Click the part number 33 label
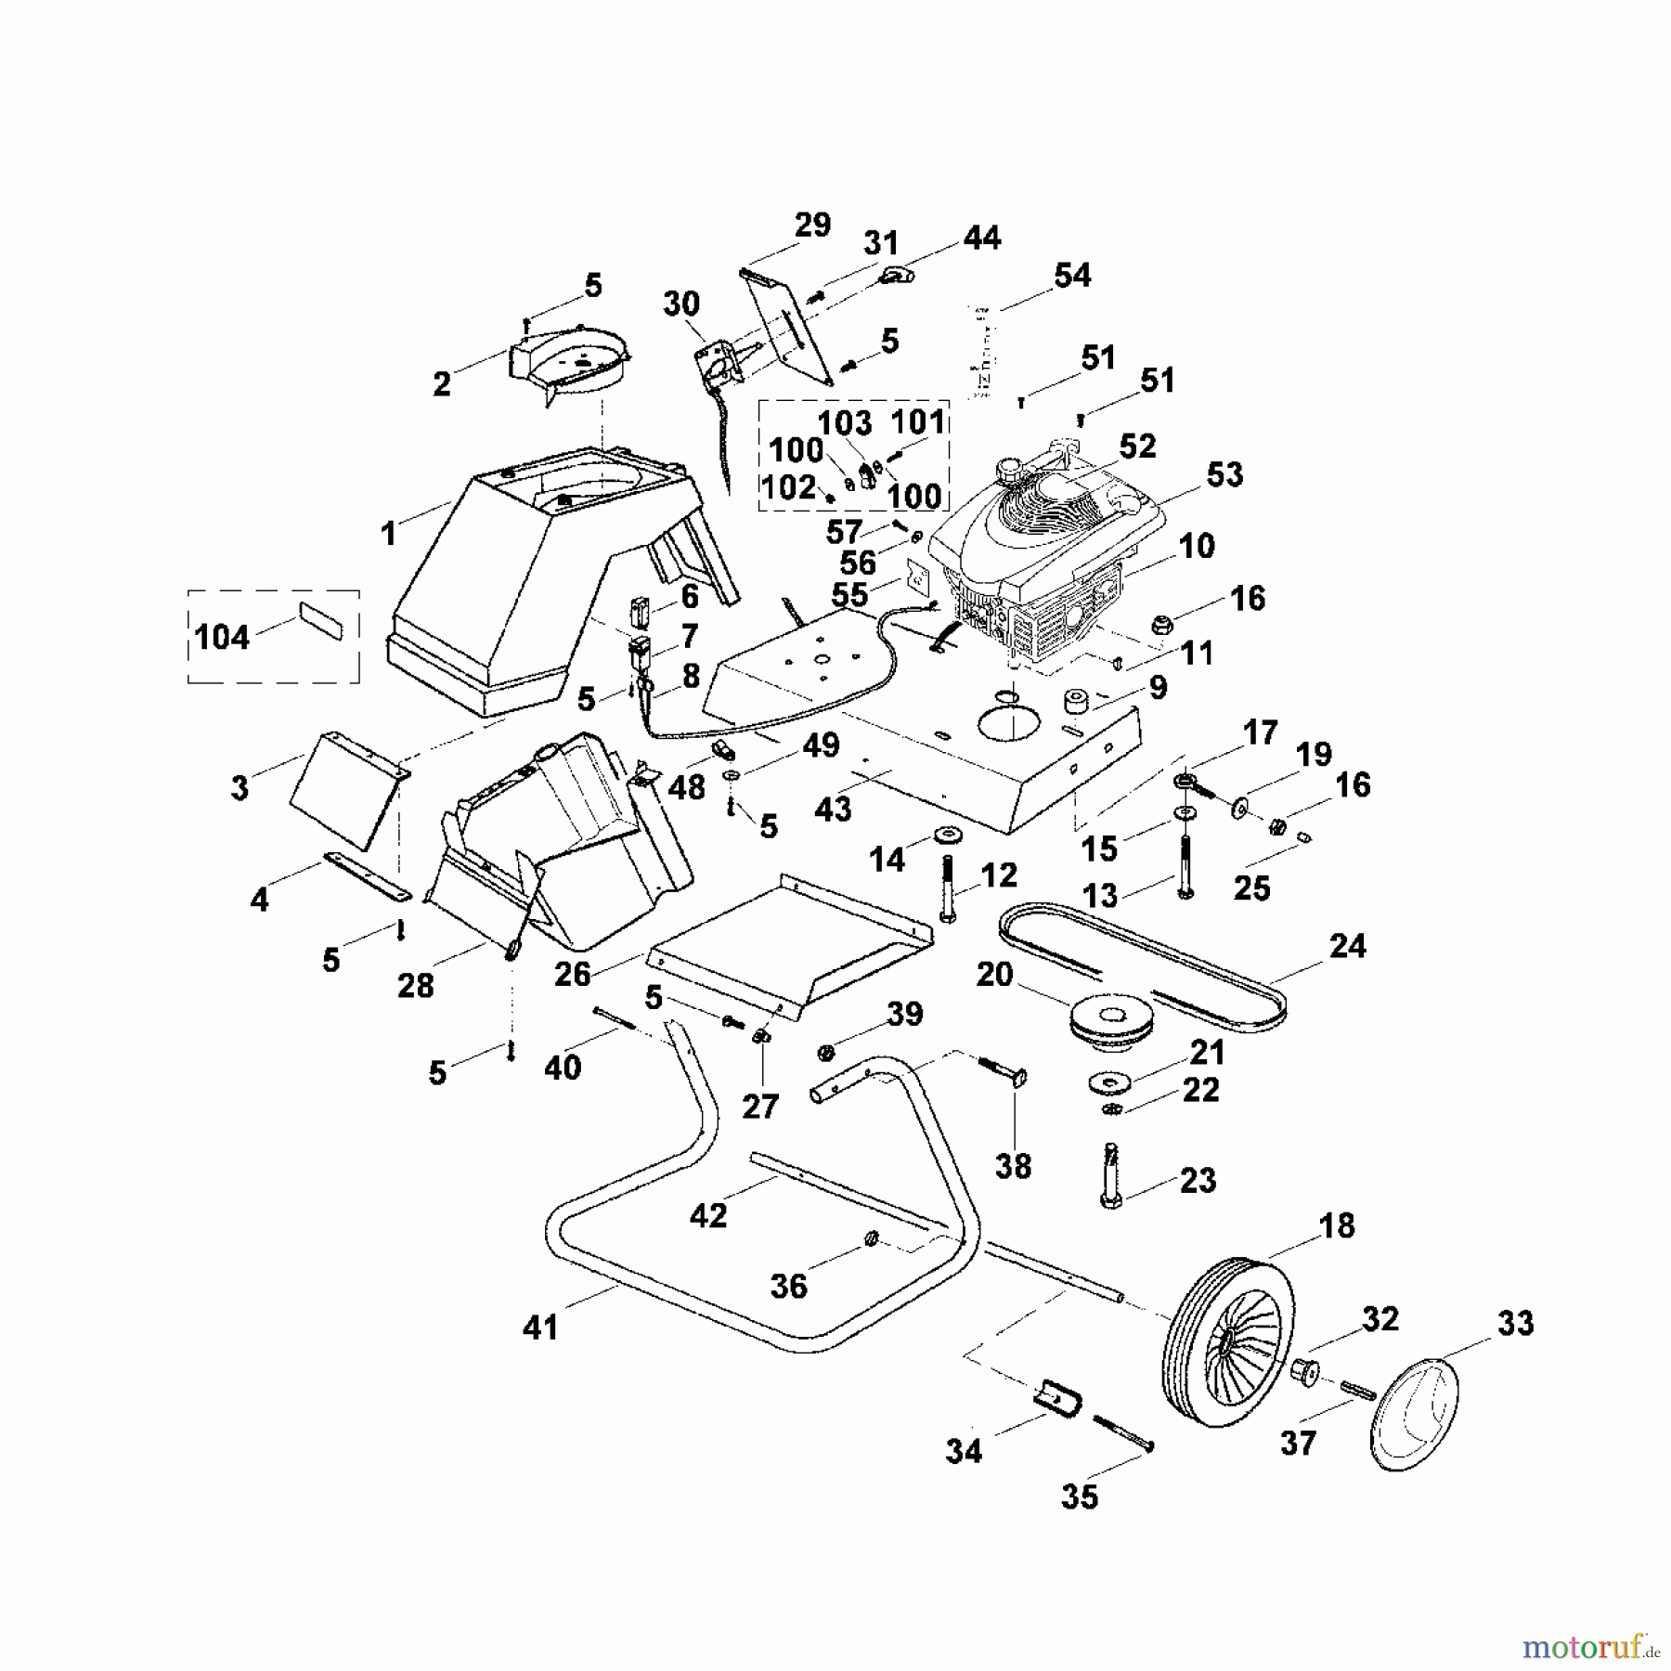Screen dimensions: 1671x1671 pos(1515,1324)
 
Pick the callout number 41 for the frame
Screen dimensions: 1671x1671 pos(540,1328)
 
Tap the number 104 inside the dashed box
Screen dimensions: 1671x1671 pos(222,638)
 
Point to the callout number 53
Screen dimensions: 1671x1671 pos(1224,475)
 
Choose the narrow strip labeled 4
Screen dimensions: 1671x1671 pos(367,874)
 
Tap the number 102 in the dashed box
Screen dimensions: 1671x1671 pos(788,487)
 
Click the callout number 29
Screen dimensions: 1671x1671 pos(812,226)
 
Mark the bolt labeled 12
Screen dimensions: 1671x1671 pos(948,887)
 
